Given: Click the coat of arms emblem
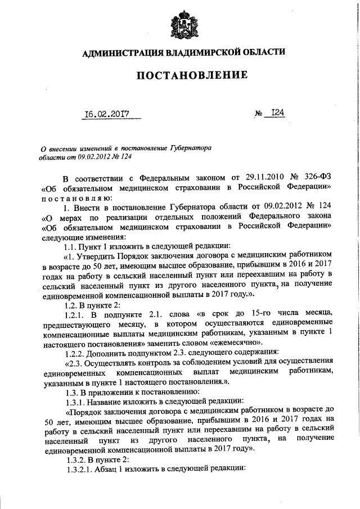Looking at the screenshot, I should pyautogui.click(x=180, y=24).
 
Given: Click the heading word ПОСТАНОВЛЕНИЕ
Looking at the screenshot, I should pyautogui.click(x=180, y=75).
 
